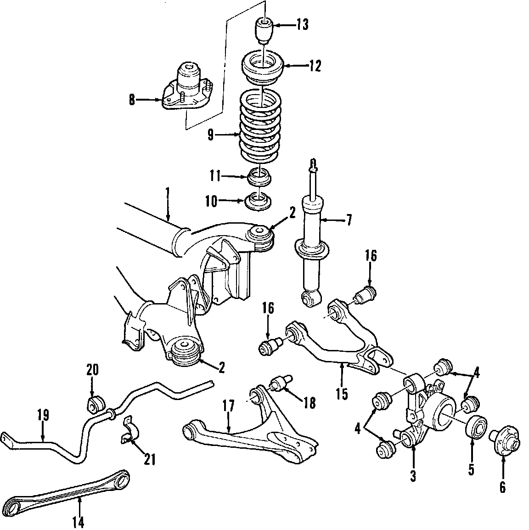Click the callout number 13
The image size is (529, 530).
pyautogui.click(x=303, y=25)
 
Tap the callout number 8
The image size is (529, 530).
pyautogui.click(x=132, y=100)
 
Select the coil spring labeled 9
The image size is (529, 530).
pyautogui.click(x=259, y=126)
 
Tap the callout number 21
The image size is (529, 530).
pyautogui.click(x=150, y=459)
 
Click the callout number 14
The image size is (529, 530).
pyautogui.click(x=79, y=522)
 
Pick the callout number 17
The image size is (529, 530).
pyautogui.click(x=229, y=406)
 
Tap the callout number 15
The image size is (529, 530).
pyautogui.click(x=342, y=394)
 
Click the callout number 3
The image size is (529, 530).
pyautogui.click(x=413, y=476)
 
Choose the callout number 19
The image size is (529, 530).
pyautogui.click(x=44, y=415)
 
